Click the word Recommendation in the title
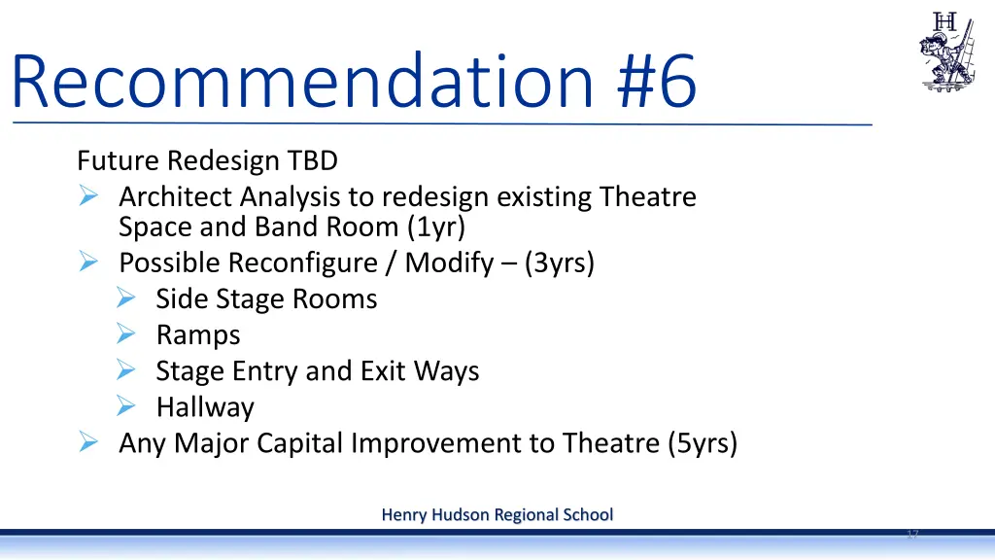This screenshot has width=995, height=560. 301,83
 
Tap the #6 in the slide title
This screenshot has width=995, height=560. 657,83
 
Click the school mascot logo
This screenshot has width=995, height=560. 946,52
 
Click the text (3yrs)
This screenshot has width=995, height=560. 558,263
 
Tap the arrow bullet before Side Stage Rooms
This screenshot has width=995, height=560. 124,298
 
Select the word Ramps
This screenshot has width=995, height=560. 198,335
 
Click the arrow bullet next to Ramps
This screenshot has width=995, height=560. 124,334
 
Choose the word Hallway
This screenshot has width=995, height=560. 205,407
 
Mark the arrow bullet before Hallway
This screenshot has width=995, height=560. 124,406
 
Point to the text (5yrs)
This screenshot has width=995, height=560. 703,443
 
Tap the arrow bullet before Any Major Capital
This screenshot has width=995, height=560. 87,443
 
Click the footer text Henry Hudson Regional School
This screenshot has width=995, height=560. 497,514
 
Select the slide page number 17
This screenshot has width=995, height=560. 912,535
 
